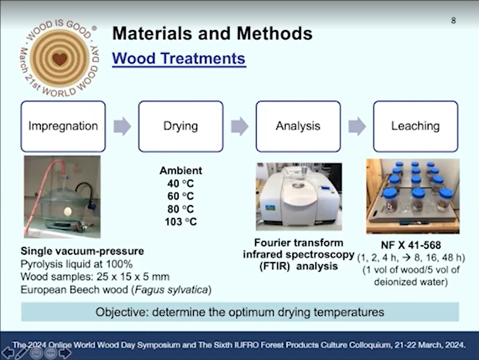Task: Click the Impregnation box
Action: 63,126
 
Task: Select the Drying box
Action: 181,126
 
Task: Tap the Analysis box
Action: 298,126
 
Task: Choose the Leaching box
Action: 415,126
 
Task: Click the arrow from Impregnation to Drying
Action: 122,126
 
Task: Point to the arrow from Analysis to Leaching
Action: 357,126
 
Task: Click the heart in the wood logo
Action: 60,58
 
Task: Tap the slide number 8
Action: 453,21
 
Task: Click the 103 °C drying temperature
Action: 181,222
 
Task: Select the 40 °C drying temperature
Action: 181,183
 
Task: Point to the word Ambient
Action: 181,170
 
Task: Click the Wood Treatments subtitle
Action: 179,58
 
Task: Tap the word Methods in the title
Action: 275,34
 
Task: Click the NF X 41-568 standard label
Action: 411,245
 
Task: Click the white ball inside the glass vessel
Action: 68,211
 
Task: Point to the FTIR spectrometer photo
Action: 299,196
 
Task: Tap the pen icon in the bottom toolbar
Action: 21,353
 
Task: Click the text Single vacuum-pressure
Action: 82,251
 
